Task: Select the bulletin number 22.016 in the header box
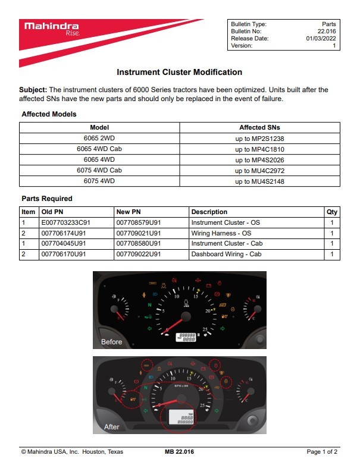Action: (326, 31)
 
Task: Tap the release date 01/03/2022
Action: (321, 38)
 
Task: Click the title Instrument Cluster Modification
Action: (179, 72)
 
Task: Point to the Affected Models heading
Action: (49, 114)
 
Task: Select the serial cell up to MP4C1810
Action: (259, 149)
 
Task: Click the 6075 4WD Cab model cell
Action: (99, 171)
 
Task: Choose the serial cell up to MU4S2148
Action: (259, 181)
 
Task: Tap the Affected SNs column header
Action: (259, 127)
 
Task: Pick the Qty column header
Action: (331, 212)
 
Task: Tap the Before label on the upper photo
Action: (112, 342)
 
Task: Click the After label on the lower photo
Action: (111, 426)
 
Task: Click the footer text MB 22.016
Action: (179, 452)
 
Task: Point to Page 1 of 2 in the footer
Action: (322, 452)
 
